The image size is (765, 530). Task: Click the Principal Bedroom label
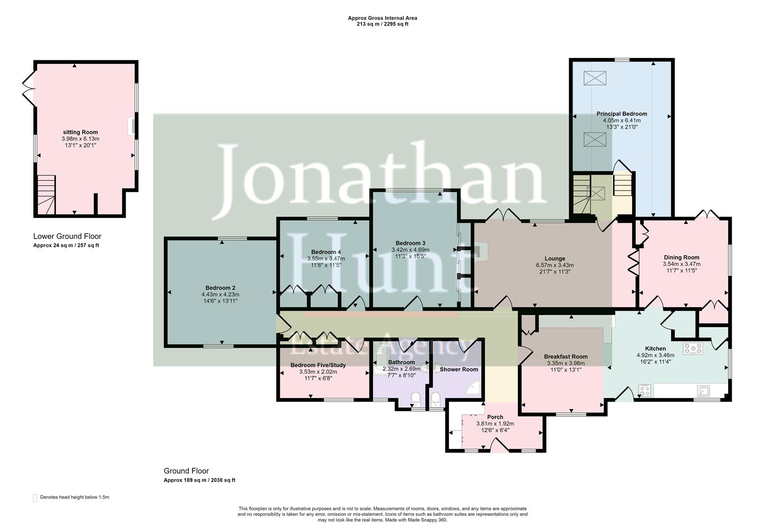pos(621,114)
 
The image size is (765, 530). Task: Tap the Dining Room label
pos(681,257)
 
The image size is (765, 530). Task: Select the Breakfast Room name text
pos(565,357)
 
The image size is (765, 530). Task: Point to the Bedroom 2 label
pos(220,288)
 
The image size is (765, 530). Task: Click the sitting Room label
pos(80,132)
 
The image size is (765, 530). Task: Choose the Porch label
pos(495,417)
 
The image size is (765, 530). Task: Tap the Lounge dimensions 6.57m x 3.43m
pos(554,265)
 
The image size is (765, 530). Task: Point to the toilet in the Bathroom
pos(416,398)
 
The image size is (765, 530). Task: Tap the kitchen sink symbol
pos(704,391)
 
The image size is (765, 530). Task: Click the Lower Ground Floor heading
pos(67,237)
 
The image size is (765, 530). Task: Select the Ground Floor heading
pos(186,471)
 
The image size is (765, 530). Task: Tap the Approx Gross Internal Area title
pos(382,18)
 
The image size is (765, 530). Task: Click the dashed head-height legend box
pos(35,498)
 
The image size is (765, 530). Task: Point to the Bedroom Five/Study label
pos(318,365)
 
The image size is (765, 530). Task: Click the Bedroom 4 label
pos(326,252)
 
